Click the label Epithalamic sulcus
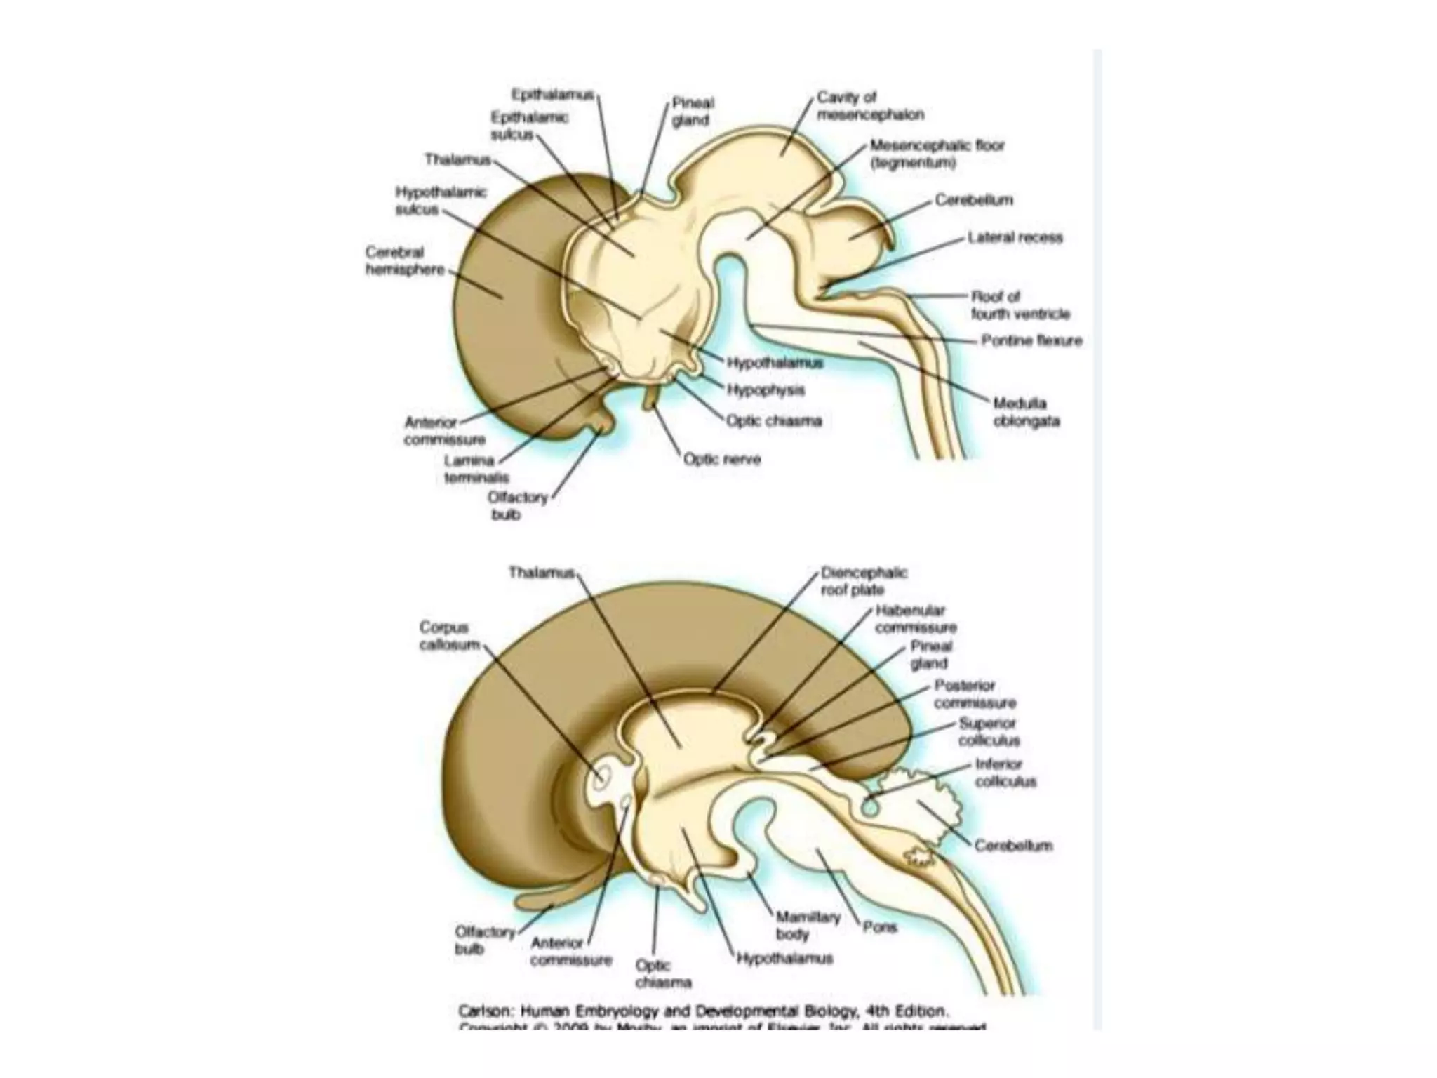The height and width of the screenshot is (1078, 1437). click(529, 126)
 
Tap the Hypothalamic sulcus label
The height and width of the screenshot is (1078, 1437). click(440, 201)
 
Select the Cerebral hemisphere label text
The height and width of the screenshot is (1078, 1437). click(405, 260)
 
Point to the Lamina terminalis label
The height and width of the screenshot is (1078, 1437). click(476, 469)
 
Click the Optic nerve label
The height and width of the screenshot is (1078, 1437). click(722, 459)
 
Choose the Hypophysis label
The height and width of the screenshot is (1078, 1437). click(765, 390)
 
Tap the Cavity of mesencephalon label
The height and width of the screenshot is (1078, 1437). click(869, 105)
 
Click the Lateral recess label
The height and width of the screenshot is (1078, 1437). click(1015, 238)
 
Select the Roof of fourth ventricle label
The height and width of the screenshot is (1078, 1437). click(1020, 305)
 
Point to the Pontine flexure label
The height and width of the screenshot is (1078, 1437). click(1031, 341)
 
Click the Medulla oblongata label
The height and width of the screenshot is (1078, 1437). click(1026, 413)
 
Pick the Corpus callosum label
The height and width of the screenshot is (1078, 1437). click(450, 636)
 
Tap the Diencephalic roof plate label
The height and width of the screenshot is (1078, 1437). click(864, 581)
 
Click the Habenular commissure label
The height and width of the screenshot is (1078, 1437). click(915, 619)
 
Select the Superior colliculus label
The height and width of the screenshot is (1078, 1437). click(989, 731)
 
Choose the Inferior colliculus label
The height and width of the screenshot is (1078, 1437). click(1005, 772)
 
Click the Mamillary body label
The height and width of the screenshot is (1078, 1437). click(807, 925)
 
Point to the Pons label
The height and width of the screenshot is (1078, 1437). click(880, 927)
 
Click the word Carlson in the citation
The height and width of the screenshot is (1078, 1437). click(485, 1011)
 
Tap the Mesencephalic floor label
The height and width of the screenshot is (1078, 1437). click(937, 154)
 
